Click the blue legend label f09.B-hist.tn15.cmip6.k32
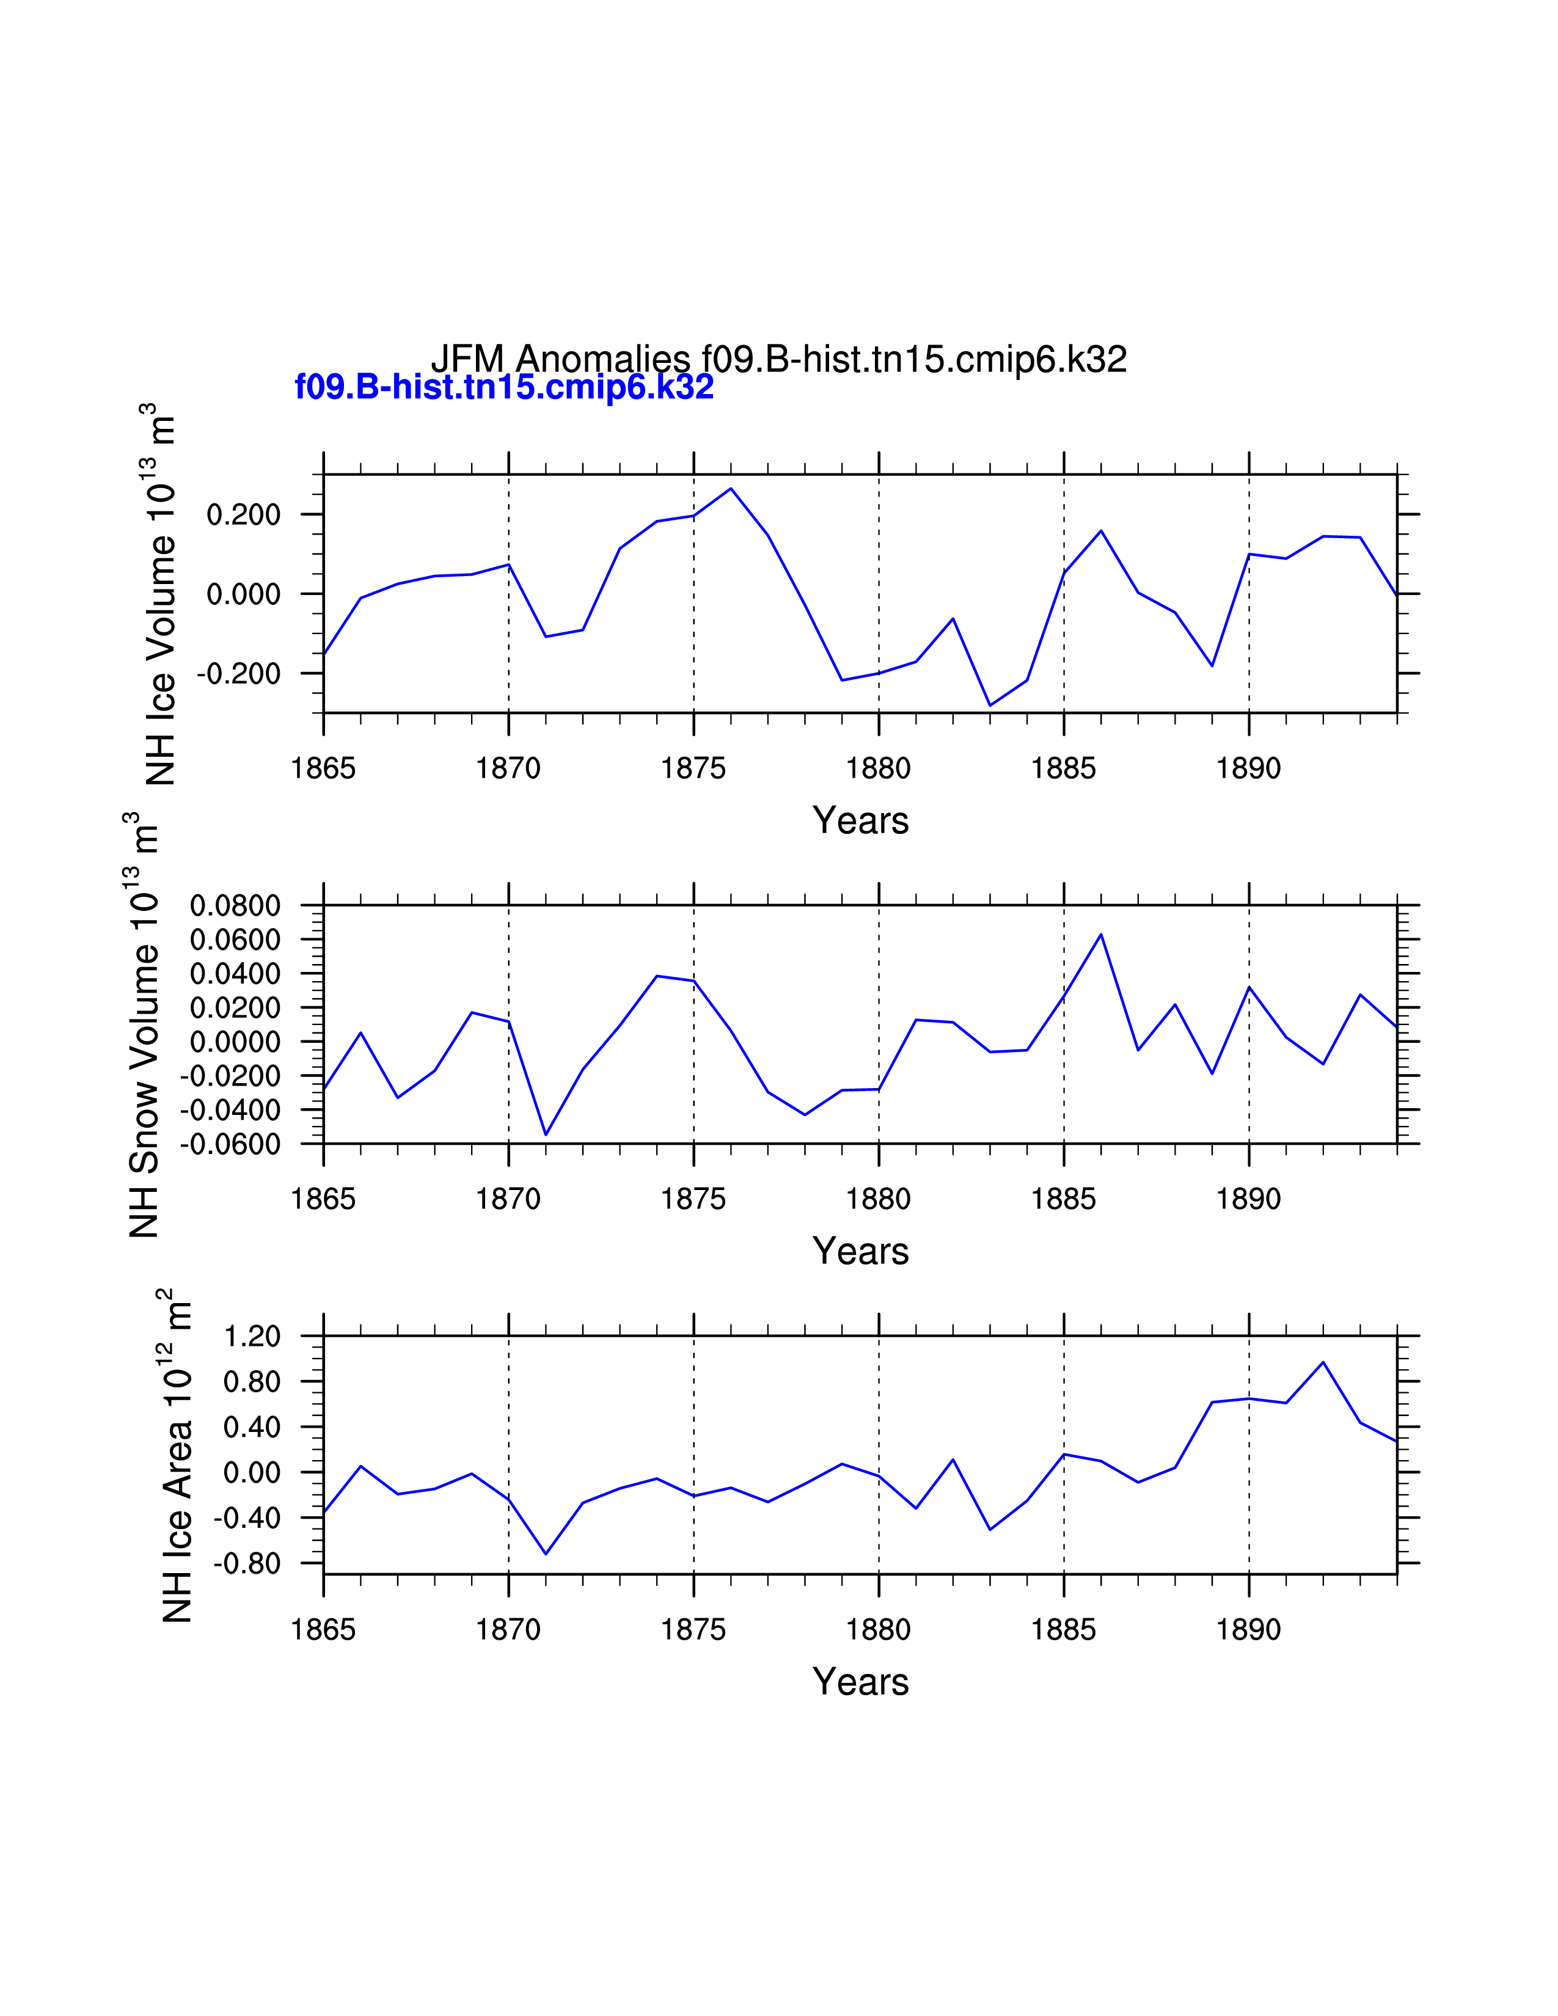[x=504, y=387]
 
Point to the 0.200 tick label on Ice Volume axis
[x=244, y=514]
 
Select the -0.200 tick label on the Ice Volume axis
[x=238, y=674]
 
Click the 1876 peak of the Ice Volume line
[x=731, y=488]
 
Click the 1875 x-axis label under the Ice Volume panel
[x=693, y=768]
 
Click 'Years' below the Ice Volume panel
[x=860, y=820]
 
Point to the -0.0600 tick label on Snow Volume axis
[x=230, y=1145]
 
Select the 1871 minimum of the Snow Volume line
[x=546, y=1134]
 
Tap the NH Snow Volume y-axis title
[x=143, y=1024]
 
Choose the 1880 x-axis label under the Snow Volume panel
[x=878, y=1199]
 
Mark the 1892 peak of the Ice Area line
[x=1323, y=1362]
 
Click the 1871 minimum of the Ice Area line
[x=546, y=1554]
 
